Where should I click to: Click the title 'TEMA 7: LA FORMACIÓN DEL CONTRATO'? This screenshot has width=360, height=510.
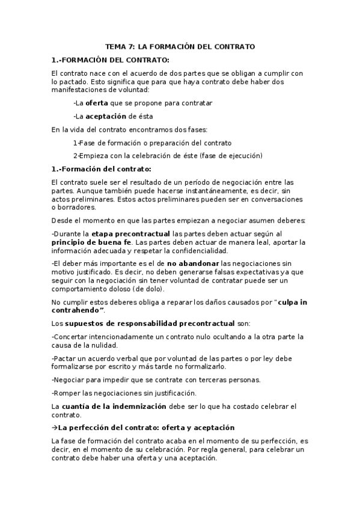click(180, 46)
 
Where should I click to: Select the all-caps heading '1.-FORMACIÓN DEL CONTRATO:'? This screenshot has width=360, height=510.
click(111, 60)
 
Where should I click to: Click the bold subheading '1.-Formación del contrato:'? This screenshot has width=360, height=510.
click(102, 168)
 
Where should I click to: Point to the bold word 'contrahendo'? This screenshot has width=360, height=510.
click(78, 310)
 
